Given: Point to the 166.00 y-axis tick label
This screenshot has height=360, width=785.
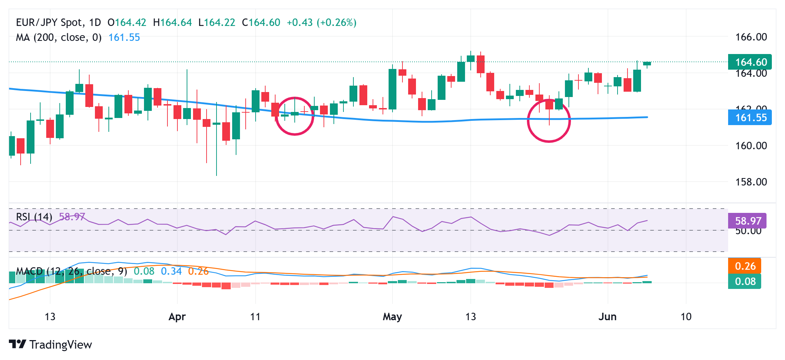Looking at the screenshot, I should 751,37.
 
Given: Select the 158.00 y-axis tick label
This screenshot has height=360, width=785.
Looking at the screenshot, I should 751,182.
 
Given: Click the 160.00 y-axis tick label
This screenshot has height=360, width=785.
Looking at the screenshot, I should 751,146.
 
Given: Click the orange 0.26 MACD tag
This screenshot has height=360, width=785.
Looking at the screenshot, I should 745,266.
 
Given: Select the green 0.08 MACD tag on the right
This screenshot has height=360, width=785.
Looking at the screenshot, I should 745,281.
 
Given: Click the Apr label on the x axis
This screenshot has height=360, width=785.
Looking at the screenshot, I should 177,317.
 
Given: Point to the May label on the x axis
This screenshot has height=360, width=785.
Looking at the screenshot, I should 392,317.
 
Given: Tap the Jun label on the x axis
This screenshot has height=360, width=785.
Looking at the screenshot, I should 607,317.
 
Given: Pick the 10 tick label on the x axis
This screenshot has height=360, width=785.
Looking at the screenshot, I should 686,317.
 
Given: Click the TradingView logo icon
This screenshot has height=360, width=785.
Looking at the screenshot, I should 17,344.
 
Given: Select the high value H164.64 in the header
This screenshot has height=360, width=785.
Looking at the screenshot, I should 172,23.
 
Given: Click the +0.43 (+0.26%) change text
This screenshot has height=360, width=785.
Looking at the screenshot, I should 321,23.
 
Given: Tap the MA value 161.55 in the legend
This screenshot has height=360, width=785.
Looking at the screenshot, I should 124,37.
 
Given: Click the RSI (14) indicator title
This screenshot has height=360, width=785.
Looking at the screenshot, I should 34,217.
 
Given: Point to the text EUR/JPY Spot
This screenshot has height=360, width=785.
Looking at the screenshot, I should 49,23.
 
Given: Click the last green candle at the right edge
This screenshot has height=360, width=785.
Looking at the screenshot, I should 647,64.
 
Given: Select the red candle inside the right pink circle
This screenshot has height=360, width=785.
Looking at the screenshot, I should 549,105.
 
